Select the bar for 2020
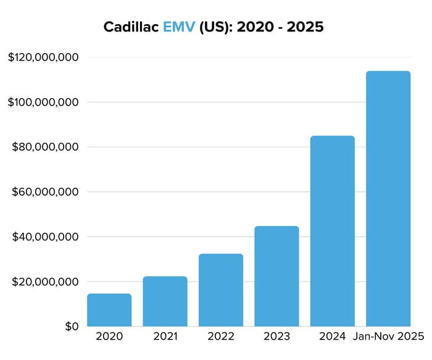[109, 310]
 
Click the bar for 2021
[165, 301]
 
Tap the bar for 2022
[221, 290]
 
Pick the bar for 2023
[276, 276]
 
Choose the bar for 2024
[332, 231]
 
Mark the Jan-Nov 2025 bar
[388, 199]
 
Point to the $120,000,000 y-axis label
[43, 57]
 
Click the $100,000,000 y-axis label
[43, 102]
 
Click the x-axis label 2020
[109, 337]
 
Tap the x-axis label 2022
[221, 337]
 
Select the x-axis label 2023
[276, 337]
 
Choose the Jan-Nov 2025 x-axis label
[388, 337]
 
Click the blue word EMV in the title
[179, 28]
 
